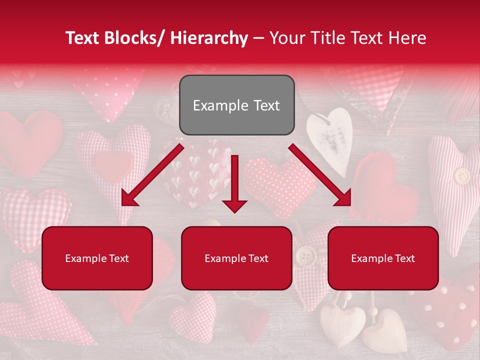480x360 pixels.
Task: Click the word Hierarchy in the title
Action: tap(209, 38)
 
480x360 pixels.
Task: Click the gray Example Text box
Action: tap(236, 105)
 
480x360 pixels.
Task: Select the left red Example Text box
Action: tap(97, 258)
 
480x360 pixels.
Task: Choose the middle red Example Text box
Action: tap(236, 258)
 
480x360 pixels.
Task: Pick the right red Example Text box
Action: tap(383, 258)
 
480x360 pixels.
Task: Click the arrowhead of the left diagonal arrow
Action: tap(127, 199)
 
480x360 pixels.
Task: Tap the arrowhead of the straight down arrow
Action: tap(234, 205)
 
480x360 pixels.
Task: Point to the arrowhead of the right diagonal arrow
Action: tap(344, 199)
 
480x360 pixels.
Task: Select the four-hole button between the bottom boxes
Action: tap(305, 256)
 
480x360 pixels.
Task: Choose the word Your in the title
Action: tap(287, 38)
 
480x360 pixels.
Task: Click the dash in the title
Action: tap(258, 38)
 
